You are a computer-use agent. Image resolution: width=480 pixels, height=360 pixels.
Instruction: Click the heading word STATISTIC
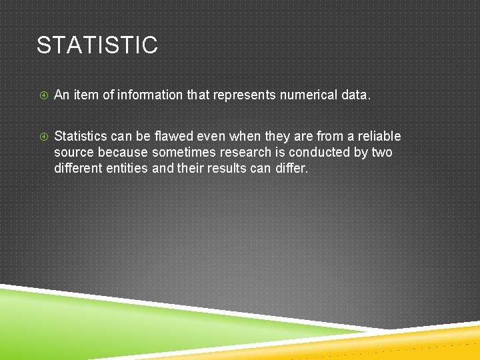(x=97, y=45)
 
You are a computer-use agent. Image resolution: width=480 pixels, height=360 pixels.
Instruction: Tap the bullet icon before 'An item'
(x=43, y=96)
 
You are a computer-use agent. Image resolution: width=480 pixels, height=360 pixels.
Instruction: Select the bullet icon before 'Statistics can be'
(x=43, y=137)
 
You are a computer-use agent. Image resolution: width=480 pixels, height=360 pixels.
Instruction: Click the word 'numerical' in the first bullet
(x=308, y=95)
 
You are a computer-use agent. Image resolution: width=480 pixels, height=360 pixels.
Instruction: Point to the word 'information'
(x=151, y=95)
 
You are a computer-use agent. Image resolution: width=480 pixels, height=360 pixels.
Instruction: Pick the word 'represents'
(x=244, y=95)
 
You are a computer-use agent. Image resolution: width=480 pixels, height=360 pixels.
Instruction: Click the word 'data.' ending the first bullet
(x=355, y=95)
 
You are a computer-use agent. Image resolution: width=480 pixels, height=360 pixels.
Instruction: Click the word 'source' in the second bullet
(x=74, y=152)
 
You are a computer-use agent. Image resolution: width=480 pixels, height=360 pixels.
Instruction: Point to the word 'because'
(x=123, y=152)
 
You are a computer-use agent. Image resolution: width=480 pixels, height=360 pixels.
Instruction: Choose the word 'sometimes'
(x=183, y=152)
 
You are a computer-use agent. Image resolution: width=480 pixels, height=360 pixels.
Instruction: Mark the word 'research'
(x=246, y=152)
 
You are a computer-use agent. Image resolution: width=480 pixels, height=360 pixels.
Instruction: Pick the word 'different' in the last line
(x=76, y=168)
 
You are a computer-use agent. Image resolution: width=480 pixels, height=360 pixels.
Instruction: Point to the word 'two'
(x=381, y=152)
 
